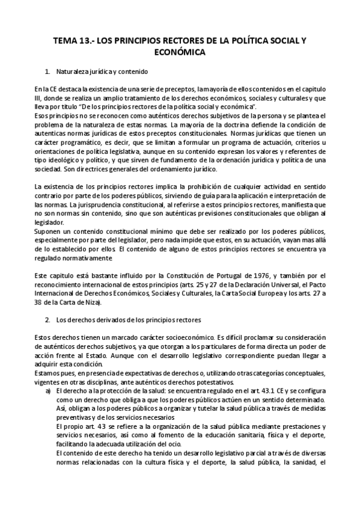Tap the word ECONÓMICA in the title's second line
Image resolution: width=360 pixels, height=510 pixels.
(x=180, y=52)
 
